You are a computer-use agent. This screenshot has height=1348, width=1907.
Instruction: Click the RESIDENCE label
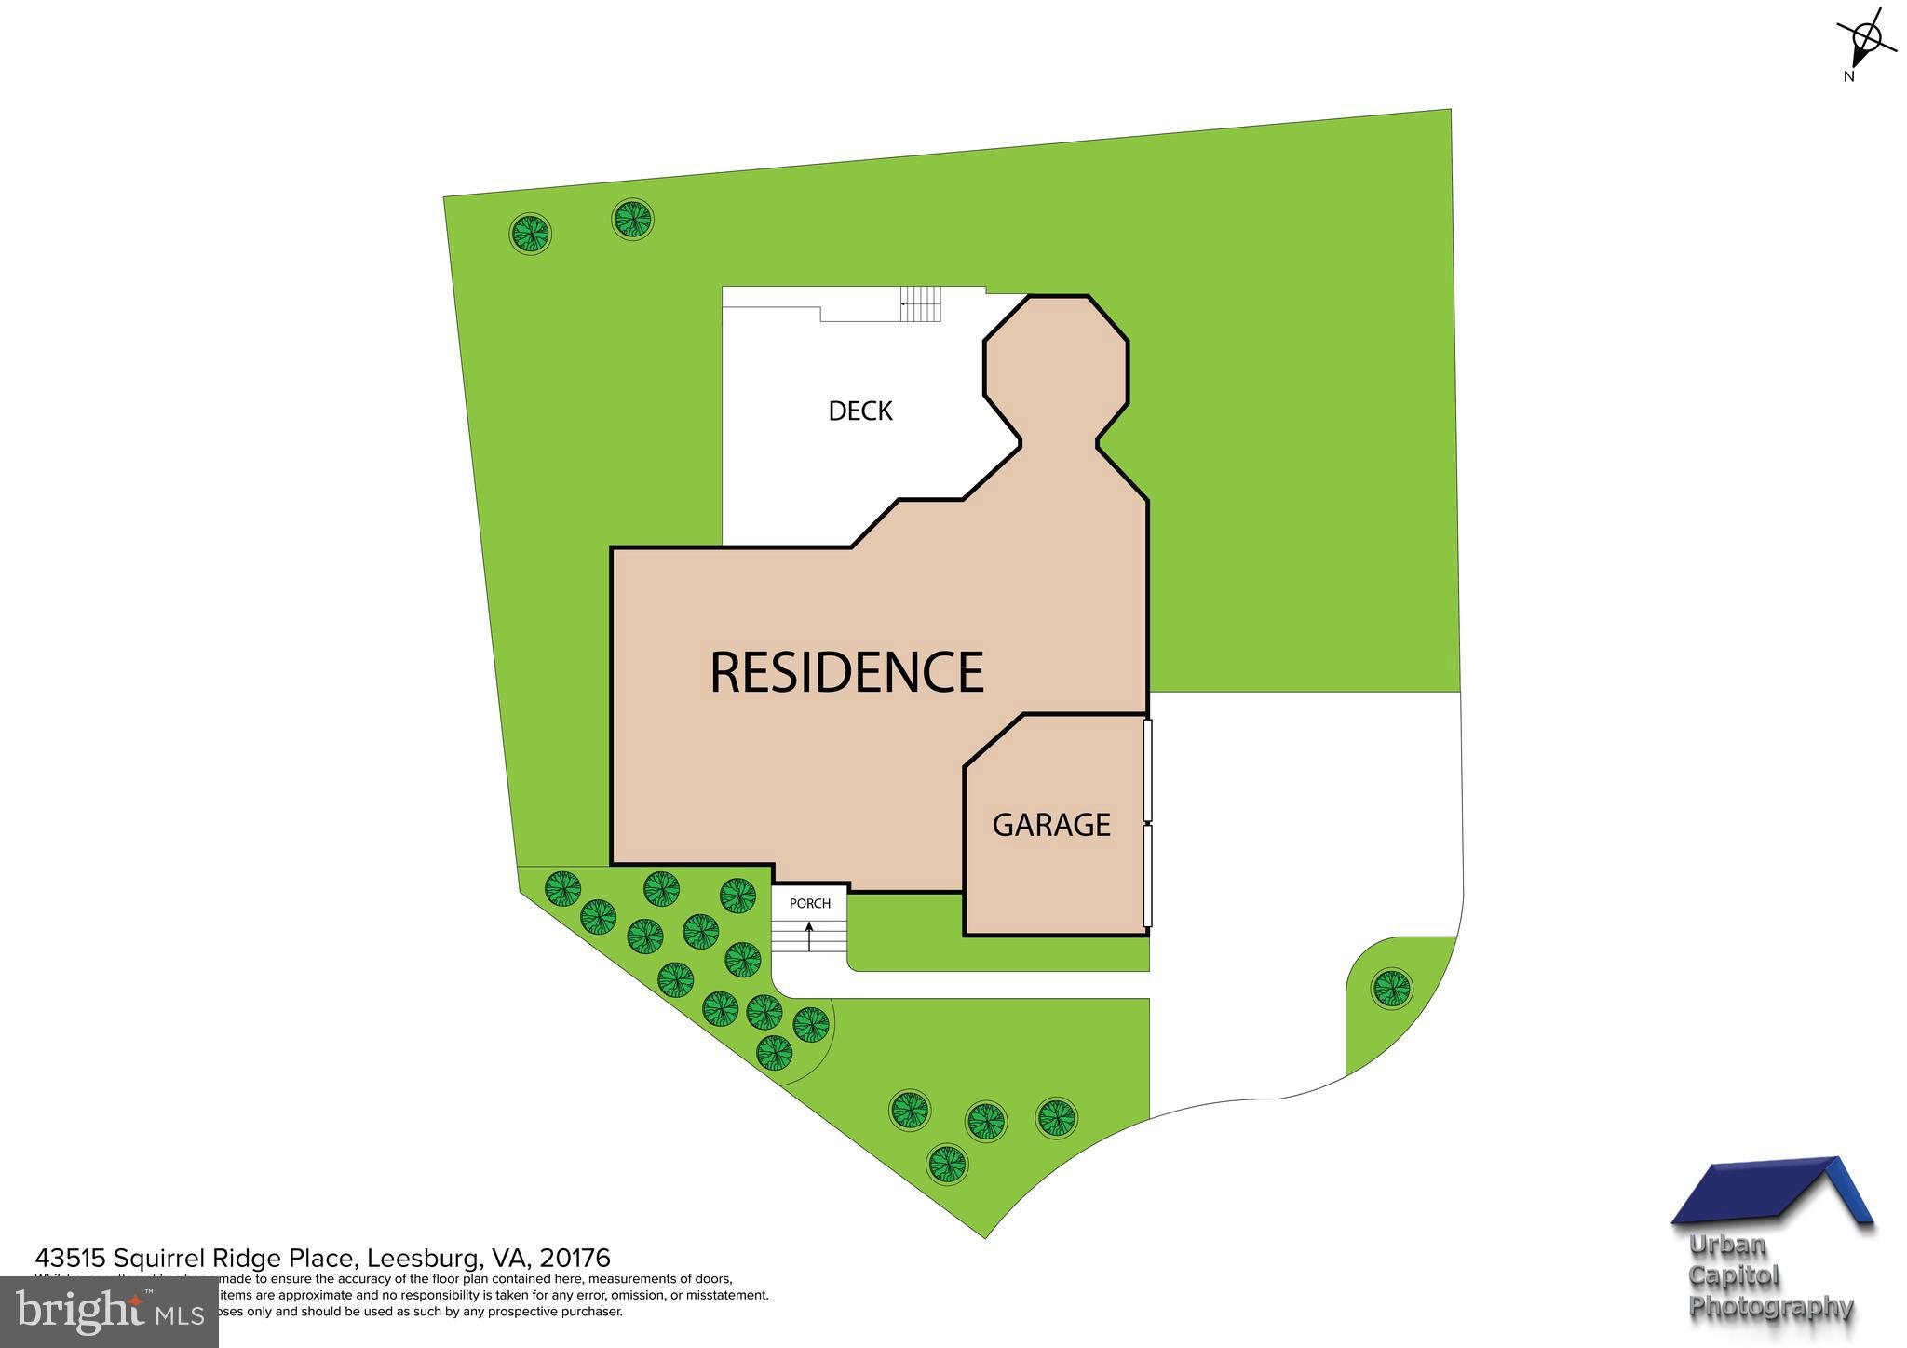(846, 672)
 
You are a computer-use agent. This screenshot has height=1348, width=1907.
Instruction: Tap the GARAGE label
(1051, 825)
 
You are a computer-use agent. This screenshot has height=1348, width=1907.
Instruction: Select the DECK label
(860, 411)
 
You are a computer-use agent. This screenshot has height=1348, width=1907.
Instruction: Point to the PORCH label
(810, 903)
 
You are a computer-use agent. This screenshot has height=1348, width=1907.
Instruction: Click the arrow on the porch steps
(809, 936)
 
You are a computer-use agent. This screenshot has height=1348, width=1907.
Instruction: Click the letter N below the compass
(1849, 77)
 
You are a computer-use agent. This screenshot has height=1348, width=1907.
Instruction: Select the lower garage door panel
(1148, 875)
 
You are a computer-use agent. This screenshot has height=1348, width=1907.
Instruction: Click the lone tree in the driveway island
(1391, 987)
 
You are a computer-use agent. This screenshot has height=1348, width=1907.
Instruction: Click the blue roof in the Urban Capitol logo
(1769, 1201)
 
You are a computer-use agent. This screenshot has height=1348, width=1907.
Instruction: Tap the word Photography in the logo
(1771, 1307)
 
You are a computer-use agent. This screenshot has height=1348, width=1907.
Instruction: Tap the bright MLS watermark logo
(110, 1313)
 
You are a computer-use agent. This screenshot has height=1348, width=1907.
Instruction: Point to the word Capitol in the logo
(1734, 1275)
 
